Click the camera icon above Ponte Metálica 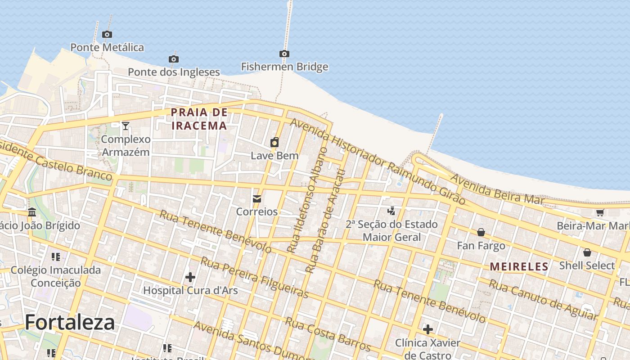[x=107, y=34]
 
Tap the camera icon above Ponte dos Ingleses [x=174, y=59]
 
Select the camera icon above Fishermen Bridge [x=284, y=54]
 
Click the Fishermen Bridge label [x=284, y=67]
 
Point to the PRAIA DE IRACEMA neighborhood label [x=199, y=119]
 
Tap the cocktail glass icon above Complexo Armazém [x=126, y=126]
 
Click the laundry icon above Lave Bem [x=274, y=143]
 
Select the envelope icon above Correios [x=257, y=198]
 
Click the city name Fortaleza [x=70, y=322]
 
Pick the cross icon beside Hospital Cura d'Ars [x=190, y=277]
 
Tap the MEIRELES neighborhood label [x=519, y=267]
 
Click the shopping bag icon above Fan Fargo [x=481, y=232]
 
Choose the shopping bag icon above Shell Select [x=587, y=252]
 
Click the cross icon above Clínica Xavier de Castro [x=427, y=329]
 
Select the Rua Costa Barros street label [x=328, y=335]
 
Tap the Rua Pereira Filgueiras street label [x=255, y=278]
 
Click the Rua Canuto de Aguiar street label [x=544, y=299]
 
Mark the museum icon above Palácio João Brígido [x=32, y=212]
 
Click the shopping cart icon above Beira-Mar [x=600, y=213]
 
